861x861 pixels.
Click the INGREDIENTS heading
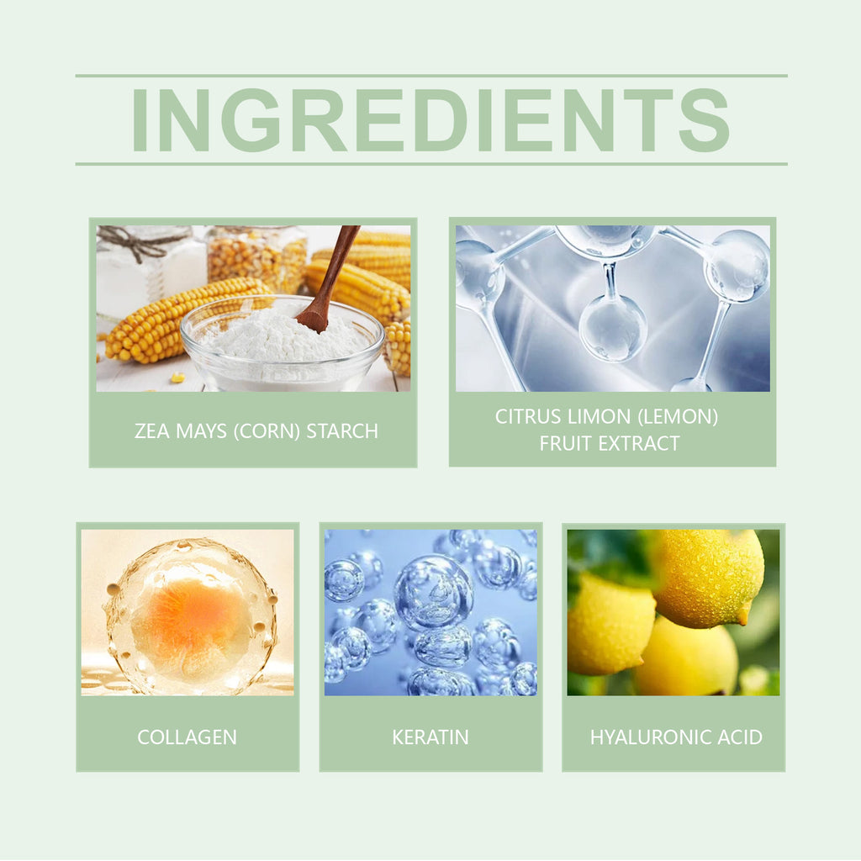(x=430, y=119)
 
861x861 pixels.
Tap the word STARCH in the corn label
(x=342, y=431)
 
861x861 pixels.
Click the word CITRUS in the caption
(x=528, y=417)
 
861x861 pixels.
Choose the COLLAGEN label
(x=188, y=737)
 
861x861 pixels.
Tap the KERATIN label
(x=430, y=737)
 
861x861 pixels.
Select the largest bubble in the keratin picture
(x=434, y=592)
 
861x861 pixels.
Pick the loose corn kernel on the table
(x=177, y=378)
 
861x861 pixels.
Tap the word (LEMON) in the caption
(x=678, y=417)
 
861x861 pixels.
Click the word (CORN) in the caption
(x=267, y=431)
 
